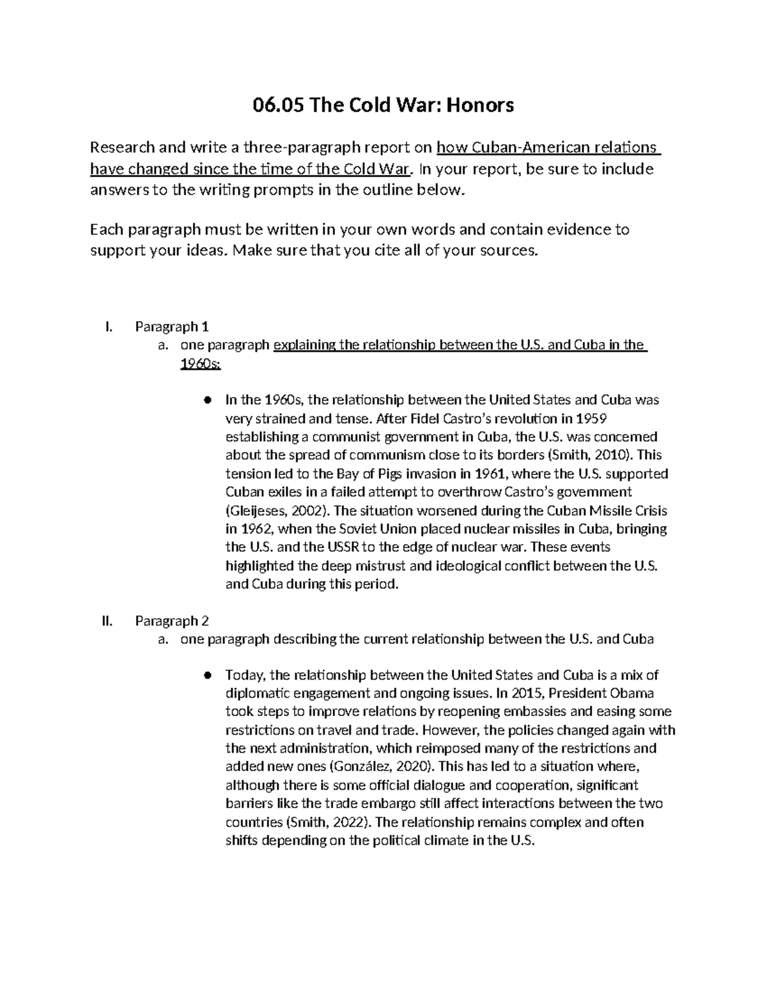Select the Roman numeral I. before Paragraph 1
[108, 327]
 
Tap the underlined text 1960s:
[201, 364]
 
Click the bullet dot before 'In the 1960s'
[207, 400]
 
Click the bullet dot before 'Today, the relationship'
[207, 675]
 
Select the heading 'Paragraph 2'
[172, 621]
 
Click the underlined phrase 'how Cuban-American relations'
[546, 148]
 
